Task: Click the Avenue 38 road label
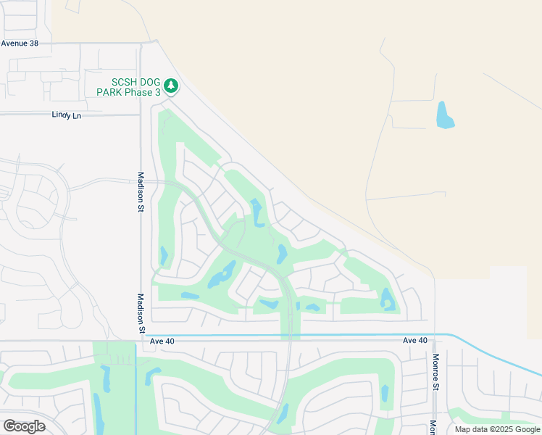tap(20, 43)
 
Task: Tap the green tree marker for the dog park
tap(171, 86)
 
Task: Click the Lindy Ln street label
tap(67, 115)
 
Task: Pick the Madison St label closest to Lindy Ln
tap(142, 188)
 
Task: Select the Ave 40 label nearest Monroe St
tap(415, 340)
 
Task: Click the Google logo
tap(25, 426)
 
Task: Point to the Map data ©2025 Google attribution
tap(497, 429)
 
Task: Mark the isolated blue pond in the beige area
tap(444, 115)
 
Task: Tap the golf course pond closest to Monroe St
tap(388, 299)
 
